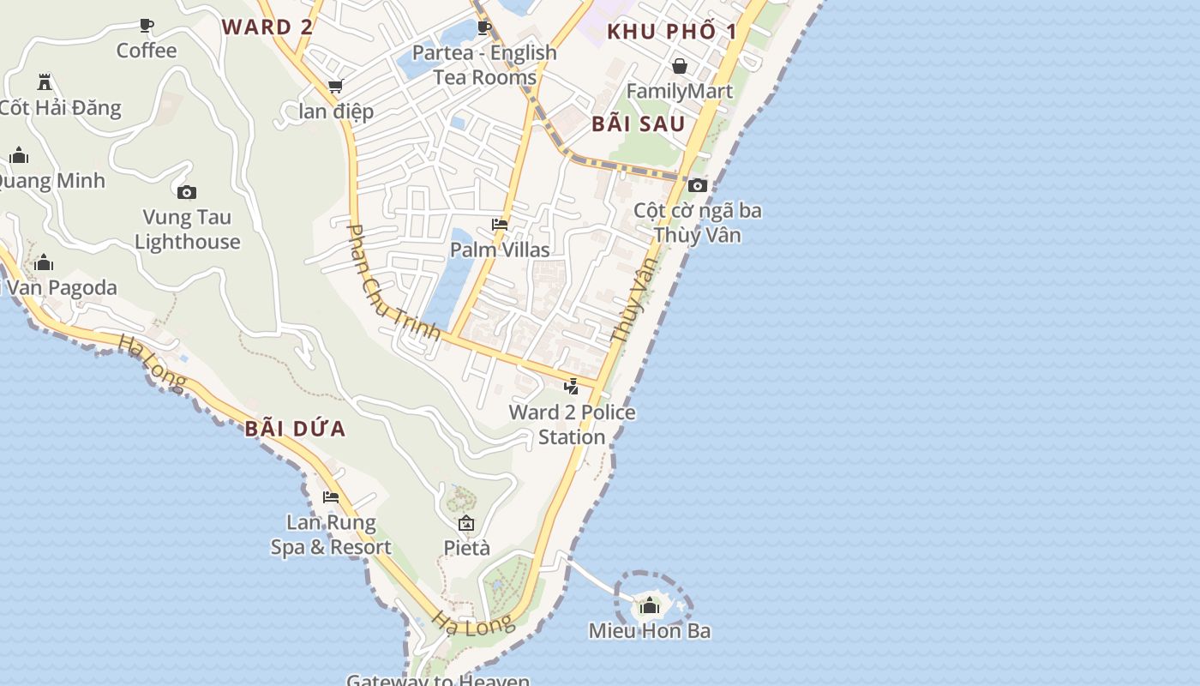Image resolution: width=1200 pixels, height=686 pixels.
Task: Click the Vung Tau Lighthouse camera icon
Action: click(x=186, y=192)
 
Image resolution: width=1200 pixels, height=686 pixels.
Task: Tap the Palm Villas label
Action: click(x=500, y=250)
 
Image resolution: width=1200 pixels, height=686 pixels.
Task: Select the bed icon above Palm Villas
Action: click(x=500, y=225)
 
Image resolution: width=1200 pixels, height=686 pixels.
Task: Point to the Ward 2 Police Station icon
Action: click(x=572, y=387)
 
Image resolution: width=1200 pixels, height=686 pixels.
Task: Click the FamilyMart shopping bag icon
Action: click(x=680, y=66)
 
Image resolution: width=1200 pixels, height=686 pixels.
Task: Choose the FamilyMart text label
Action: click(x=680, y=91)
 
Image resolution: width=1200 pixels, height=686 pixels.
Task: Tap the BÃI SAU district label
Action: click(x=639, y=123)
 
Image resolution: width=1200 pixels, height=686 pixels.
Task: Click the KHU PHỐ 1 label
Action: click(x=672, y=32)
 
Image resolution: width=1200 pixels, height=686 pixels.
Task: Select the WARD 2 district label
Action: click(x=267, y=27)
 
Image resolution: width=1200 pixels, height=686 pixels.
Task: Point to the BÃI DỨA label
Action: click(x=295, y=429)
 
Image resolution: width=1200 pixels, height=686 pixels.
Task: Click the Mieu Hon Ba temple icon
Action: click(x=650, y=606)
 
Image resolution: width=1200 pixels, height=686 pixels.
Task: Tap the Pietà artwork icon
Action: click(x=466, y=523)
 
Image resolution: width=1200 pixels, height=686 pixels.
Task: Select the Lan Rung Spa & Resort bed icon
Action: click(x=331, y=497)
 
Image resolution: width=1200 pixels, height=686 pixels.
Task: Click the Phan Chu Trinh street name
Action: click(x=392, y=282)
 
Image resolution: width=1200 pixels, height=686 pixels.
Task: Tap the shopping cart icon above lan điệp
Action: click(x=336, y=87)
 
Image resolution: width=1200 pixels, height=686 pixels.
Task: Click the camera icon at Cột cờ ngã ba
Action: click(x=698, y=185)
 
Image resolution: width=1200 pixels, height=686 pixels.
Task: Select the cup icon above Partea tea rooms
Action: click(x=484, y=27)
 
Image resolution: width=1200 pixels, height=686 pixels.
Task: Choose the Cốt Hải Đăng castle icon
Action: click(x=45, y=82)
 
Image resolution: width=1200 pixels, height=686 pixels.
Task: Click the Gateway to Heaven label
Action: click(x=438, y=680)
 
